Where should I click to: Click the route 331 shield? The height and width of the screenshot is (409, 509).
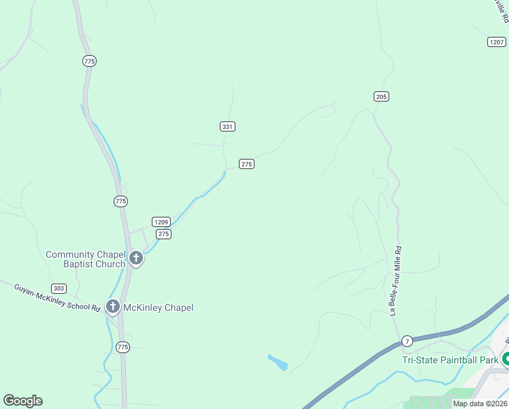[x=228, y=126]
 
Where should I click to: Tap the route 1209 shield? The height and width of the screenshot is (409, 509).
[x=161, y=222]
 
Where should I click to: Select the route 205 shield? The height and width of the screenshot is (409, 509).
[x=381, y=97]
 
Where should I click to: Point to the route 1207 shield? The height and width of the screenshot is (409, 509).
[x=497, y=42]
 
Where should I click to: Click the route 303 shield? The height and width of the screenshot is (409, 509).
[x=59, y=288]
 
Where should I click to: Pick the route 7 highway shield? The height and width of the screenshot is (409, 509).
[x=407, y=340]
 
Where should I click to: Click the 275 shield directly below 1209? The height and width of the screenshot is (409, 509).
[x=163, y=234]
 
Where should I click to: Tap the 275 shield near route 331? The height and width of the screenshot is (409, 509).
[x=246, y=164]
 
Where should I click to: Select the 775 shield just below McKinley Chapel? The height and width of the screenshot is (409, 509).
[x=122, y=347]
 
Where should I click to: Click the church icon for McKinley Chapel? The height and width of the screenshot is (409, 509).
[x=112, y=307]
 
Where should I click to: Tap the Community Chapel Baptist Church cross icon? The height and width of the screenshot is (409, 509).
[x=136, y=258]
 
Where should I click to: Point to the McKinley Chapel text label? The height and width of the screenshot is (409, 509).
[x=159, y=307]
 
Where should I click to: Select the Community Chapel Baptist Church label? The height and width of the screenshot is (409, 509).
[x=85, y=259]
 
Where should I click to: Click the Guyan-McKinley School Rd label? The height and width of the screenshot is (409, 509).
[x=57, y=298]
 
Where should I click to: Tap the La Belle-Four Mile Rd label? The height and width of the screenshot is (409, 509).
[x=396, y=281]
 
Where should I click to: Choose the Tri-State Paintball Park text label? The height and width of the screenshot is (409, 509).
[x=450, y=360]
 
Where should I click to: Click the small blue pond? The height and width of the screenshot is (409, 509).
[x=278, y=362]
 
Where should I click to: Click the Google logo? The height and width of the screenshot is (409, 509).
[x=22, y=401]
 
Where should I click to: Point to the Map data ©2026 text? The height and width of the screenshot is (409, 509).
[x=480, y=404]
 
